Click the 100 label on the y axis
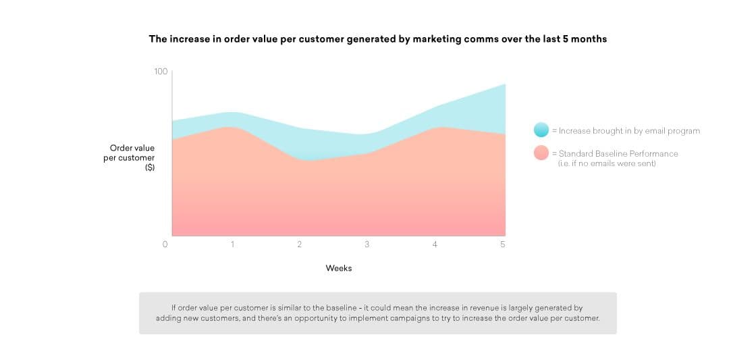161,72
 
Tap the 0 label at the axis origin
165,245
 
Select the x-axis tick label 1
232,245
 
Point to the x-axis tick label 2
300,245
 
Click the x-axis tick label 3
367,245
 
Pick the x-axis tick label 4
435,245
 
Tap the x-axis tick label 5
503,245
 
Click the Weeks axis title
339,268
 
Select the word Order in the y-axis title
122,148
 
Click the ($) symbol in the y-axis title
150,168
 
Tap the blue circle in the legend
541,130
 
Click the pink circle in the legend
541,153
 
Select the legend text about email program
626,130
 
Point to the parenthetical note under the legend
607,163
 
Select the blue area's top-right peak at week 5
505,84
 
